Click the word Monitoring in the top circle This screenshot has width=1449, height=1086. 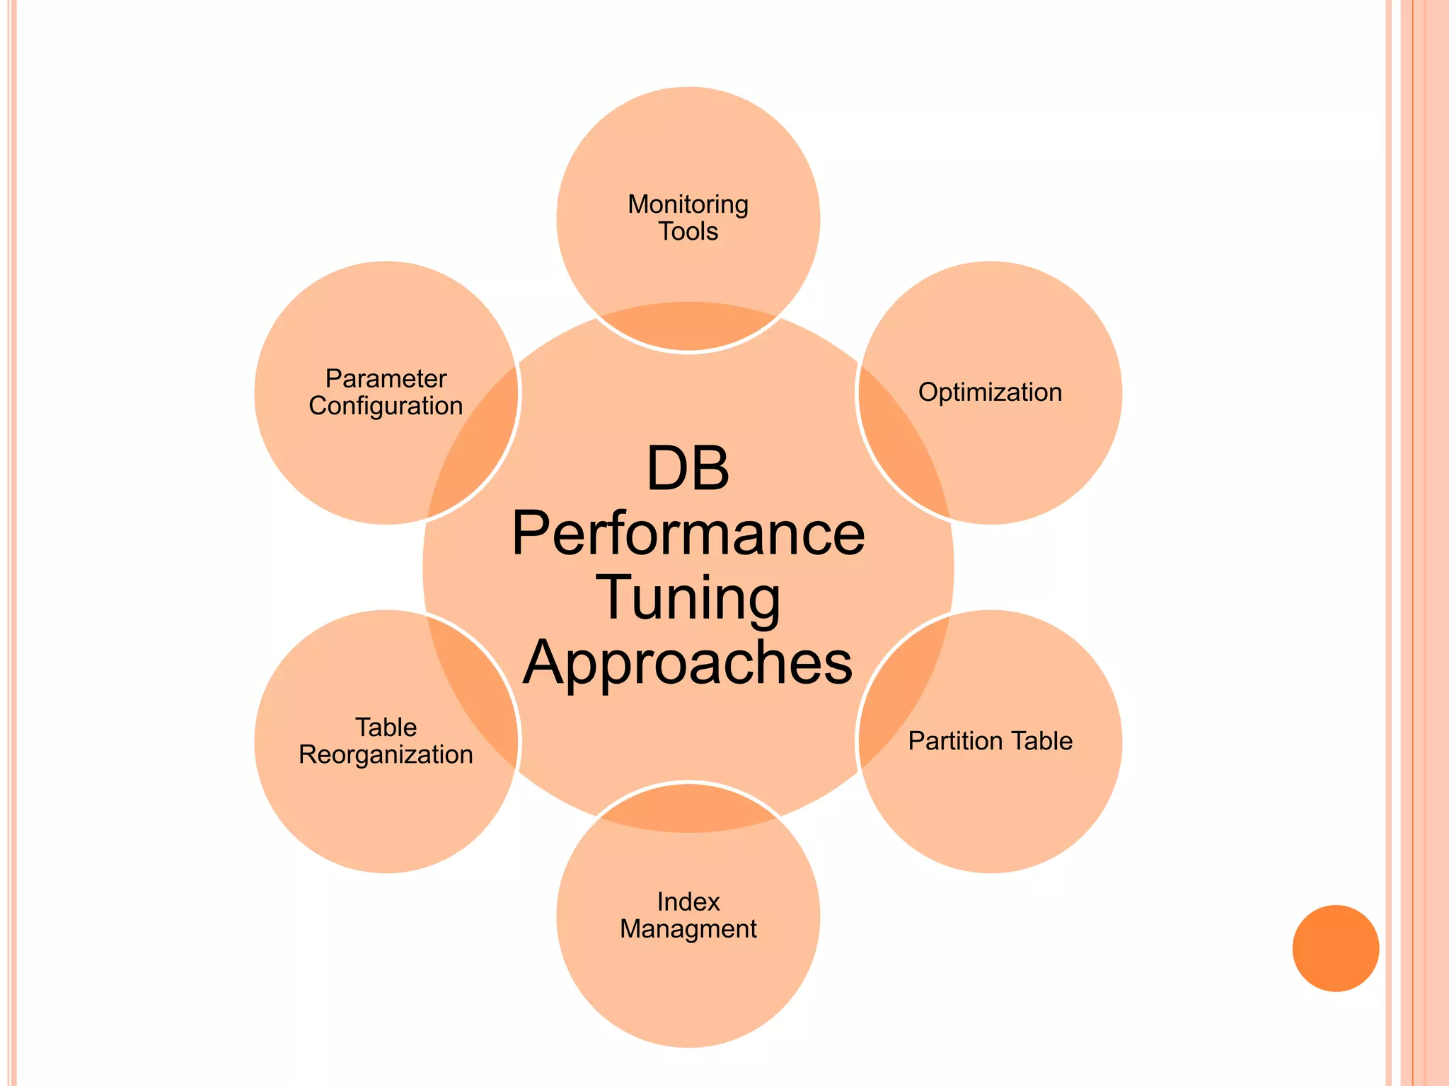tap(688, 205)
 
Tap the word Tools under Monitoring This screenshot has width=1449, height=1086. tap(688, 232)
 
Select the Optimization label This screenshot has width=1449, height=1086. tap(990, 392)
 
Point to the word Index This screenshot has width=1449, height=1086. tap(688, 902)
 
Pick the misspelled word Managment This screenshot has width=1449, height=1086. tap(688, 929)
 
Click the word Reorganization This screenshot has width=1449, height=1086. tap(386, 755)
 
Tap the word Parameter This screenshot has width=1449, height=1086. tap(386, 379)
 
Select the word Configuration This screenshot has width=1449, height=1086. tap(386, 407)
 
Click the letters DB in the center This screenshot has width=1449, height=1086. tap(688, 469)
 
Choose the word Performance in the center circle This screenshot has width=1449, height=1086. tap(688, 534)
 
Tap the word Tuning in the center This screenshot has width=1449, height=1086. tap(688, 598)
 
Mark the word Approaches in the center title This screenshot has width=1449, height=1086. tap(688, 662)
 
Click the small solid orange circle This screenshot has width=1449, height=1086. tap(1335, 948)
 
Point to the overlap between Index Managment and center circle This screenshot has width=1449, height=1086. tap(688, 807)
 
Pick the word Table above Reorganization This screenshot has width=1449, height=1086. tap(386, 728)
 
